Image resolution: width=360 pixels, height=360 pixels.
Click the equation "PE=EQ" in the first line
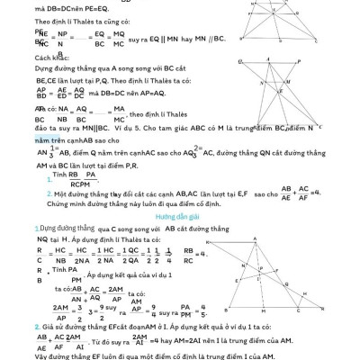click(112, 7)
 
